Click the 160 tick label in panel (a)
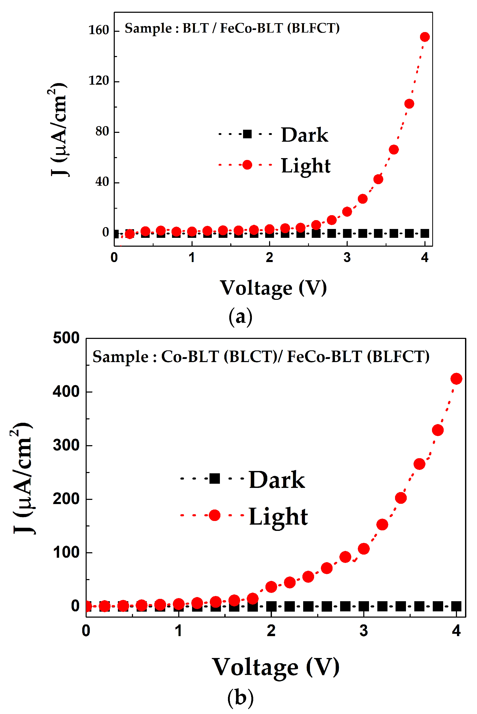point(99,30)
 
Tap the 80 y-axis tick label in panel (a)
point(102,131)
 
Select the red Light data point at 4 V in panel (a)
point(425,37)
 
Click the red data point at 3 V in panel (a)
point(347,212)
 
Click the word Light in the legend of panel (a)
point(306,166)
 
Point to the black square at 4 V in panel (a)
point(425,234)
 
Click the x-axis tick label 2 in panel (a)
point(269,258)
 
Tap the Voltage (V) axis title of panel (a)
point(273,288)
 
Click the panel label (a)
point(240,317)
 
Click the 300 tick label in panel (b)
point(66,445)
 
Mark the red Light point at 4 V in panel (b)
point(456,379)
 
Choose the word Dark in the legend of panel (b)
point(277,480)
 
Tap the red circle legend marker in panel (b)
point(214,515)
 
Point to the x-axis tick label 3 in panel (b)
point(364,631)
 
